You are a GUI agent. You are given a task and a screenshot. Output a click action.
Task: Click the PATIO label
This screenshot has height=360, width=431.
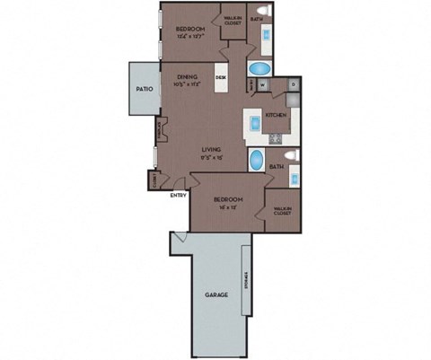click(x=144, y=90)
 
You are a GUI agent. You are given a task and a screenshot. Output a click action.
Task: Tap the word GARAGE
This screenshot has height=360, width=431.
click(x=215, y=294)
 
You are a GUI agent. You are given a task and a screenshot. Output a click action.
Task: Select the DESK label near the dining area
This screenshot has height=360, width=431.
click(x=222, y=78)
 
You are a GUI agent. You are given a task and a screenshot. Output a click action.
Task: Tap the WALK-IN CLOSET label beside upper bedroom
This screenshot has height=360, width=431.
click(x=233, y=20)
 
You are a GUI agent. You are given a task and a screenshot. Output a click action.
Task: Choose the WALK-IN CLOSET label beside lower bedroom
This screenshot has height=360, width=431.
click(x=281, y=211)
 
